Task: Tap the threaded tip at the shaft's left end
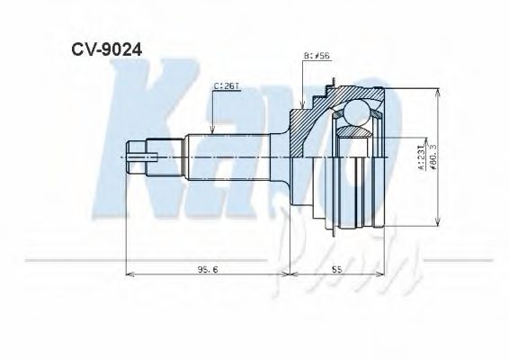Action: click(x=135, y=157)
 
